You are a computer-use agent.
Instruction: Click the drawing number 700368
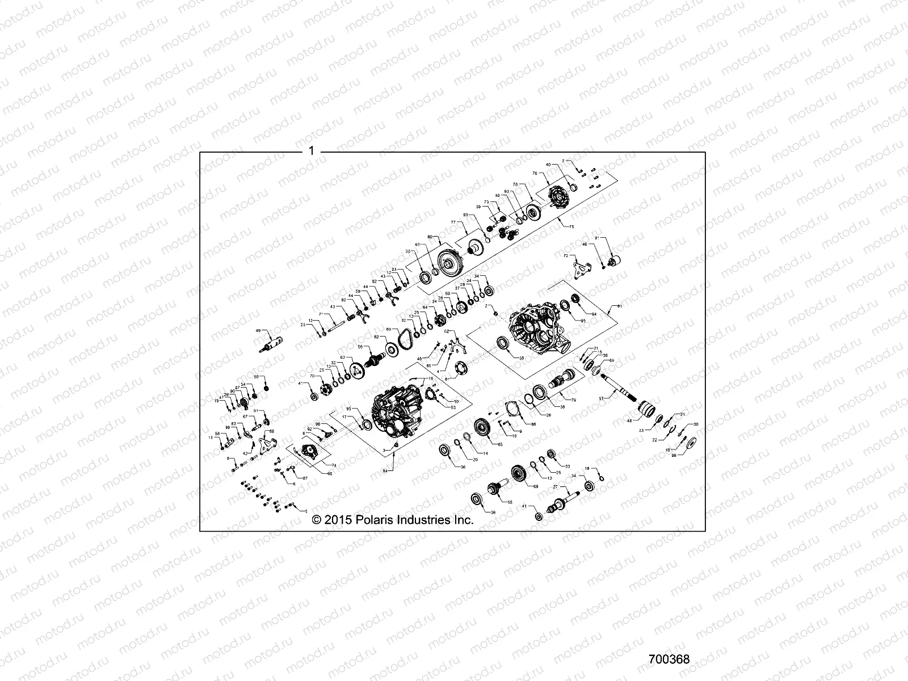669,659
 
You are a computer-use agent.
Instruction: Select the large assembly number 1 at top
310,152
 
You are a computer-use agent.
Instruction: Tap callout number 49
258,330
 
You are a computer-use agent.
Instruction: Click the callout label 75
571,226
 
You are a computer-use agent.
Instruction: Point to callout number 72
565,257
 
